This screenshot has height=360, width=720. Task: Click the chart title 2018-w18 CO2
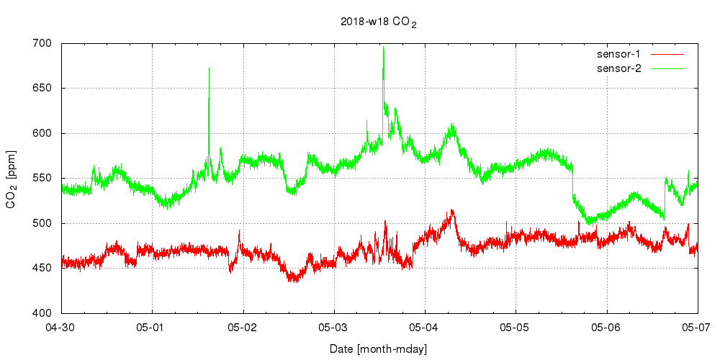(379, 22)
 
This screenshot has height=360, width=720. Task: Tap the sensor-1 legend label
(624, 54)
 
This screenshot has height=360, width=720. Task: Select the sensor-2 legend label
(624, 68)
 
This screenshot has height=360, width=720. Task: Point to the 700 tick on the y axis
(42, 44)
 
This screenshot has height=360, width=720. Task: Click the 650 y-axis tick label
(42, 89)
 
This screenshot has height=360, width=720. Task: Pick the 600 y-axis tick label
(42, 134)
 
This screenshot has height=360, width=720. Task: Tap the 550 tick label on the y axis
(42, 179)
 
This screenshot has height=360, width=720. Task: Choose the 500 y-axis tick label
(42, 223)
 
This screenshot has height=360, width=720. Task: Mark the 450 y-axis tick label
(42, 269)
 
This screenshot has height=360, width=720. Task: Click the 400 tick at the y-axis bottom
(42, 313)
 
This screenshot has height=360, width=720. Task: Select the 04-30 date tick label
(62, 328)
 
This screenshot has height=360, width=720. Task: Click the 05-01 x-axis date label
(153, 328)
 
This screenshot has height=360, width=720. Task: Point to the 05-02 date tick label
(243, 328)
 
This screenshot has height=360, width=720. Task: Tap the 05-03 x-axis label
(334, 328)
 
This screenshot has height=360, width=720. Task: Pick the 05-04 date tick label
(425, 328)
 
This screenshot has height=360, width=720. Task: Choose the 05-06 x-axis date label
(606, 328)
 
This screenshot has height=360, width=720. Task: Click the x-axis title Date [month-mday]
(379, 349)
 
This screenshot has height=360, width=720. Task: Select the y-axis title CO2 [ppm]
(12, 179)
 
